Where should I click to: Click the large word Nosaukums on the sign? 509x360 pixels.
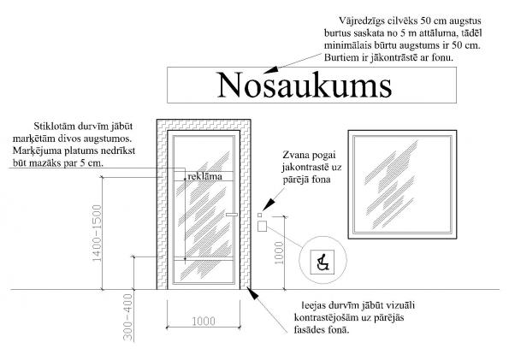(305, 85)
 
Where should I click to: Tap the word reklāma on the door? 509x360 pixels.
(204, 176)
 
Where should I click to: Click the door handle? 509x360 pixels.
(232, 215)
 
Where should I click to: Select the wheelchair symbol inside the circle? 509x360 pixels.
(322, 262)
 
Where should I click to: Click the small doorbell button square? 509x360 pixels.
(260, 215)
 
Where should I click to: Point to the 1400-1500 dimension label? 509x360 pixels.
(97, 233)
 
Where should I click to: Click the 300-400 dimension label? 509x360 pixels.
(128, 317)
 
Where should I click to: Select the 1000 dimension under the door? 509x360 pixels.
(204, 321)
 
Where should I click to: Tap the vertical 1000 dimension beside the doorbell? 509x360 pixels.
(279, 253)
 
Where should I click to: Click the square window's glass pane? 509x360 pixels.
(403, 185)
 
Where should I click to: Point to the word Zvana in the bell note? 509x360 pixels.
(294, 155)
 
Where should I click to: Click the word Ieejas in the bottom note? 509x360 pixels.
(314, 306)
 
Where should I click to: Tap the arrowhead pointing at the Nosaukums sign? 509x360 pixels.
(270, 70)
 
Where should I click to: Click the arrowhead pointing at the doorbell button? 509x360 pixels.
(269, 205)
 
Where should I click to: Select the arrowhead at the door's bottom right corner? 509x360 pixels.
(252, 292)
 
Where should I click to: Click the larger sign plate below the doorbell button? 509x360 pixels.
(262, 226)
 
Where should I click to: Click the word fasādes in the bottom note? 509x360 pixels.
(308, 330)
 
